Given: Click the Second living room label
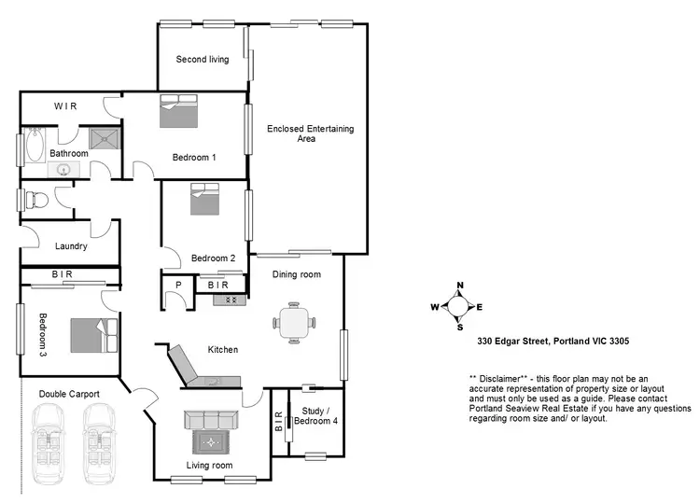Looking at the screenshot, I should [203, 60].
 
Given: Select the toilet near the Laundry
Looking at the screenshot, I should [34, 199].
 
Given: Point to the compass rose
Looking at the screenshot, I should [459, 306].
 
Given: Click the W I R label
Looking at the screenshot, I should [65, 106].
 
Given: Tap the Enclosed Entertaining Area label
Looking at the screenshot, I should [310, 133].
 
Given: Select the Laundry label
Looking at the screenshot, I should [71, 247].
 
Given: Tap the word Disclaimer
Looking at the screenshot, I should [505, 378].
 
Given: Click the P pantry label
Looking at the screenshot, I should [178, 284].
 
